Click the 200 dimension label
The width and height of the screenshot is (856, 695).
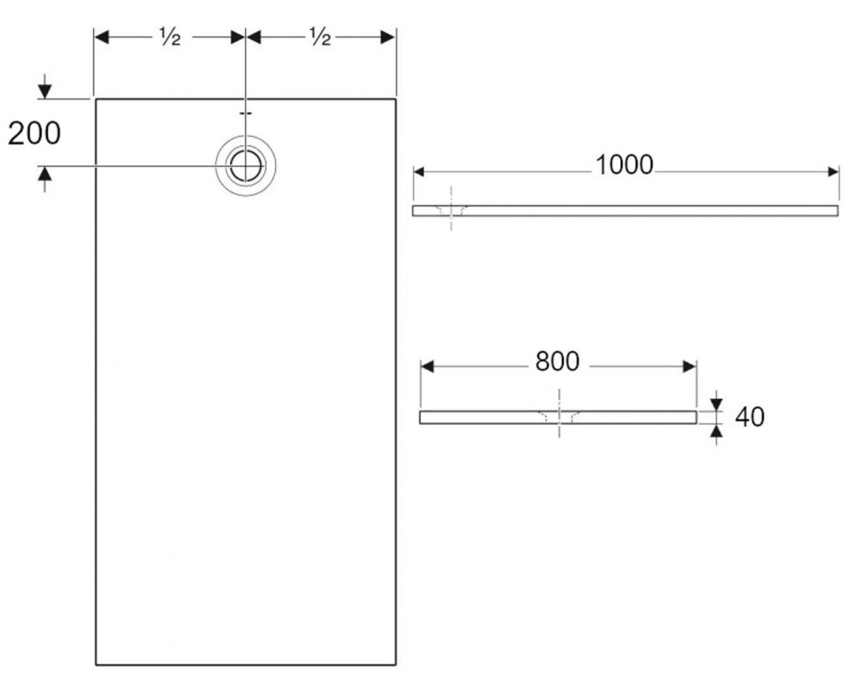(34, 133)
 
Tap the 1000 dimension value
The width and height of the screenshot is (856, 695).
(624, 165)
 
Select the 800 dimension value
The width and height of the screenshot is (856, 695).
(557, 361)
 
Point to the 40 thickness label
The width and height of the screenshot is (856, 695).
(749, 416)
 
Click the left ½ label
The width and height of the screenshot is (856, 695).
(170, 37)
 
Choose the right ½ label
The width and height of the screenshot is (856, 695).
(320, 37)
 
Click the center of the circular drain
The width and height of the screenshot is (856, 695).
(245, 165)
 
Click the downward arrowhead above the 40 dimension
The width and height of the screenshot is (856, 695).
(716, 404)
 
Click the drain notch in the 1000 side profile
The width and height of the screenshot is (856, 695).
(451, 210)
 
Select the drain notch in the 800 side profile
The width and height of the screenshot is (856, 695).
(558, 415)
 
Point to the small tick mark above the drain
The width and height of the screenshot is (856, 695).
(245, 113)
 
